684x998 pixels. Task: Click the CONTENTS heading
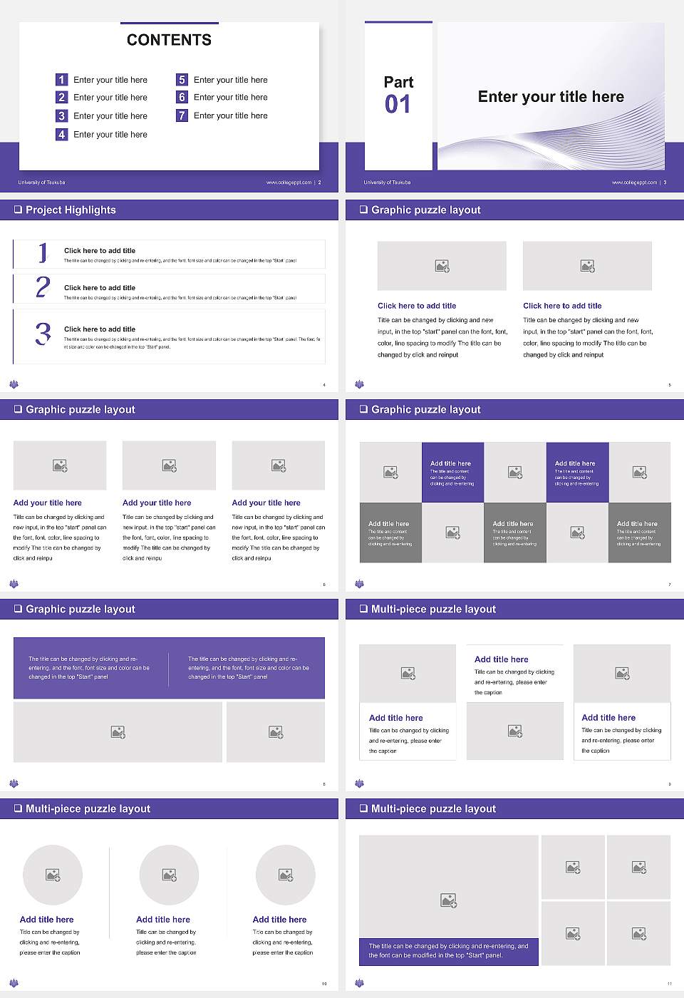[x=169, y=40]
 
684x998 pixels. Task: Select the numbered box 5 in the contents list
[x=182, y=80]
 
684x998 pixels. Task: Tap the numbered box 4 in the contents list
[x=61, y=134]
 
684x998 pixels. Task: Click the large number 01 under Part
[x=398, y=105]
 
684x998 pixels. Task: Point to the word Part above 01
[x=398, y=82]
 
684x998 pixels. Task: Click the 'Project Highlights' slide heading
[x=71, y=210]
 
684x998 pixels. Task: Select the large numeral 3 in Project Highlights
[x=43, y=334]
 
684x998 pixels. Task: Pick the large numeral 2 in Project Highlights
[x=43, y=287]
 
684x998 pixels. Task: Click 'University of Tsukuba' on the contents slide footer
[x=41, y=182]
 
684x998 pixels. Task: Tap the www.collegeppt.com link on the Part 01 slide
[x=634, y=182]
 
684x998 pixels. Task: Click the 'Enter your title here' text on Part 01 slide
[x=551, y=97]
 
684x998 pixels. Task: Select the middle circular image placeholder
[x=169, y=875]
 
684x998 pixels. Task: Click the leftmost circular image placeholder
[x=53, y=875]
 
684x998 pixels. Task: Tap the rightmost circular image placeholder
[x=285, y=875]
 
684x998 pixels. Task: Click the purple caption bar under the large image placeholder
[x=448, y=951]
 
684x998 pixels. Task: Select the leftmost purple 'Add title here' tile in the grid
[x=452, y=473]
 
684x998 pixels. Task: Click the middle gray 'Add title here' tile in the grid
[x=514, y=533]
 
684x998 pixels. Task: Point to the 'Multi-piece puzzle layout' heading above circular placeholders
[x=88, y=808]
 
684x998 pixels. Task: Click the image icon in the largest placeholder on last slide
[x=448, y=901]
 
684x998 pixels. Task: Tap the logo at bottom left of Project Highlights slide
[x=14, y=384]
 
